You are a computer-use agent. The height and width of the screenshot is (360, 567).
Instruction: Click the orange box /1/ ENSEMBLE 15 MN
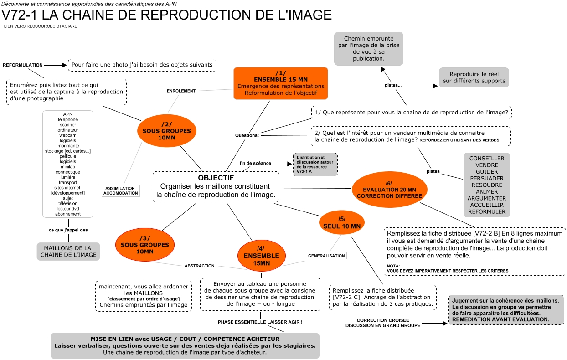tap(280, 83)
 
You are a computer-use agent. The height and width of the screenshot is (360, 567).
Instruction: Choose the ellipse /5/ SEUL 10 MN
tap(341, 222)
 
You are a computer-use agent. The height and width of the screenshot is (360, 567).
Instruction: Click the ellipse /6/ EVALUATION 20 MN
tap(389, 190)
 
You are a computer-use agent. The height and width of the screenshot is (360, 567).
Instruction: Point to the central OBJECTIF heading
tap(216, 177)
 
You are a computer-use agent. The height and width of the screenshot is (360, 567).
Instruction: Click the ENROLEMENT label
tap(181, 91)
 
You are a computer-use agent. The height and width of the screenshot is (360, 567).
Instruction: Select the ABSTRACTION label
tap(199, 266)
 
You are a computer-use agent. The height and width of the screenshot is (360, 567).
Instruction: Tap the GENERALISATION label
tap(326, 256)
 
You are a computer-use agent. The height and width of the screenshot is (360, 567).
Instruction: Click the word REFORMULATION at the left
tap(23, 65)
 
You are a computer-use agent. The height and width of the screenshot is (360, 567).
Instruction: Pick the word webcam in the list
tap(67, 135)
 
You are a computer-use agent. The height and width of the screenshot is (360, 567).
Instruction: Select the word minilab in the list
tap(67, 167)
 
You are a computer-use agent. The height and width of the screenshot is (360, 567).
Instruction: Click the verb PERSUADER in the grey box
tap(486, 178)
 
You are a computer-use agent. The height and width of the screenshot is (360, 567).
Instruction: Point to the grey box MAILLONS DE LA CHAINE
tap(68, 251)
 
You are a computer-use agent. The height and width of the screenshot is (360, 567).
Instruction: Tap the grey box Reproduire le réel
tap(474, 77)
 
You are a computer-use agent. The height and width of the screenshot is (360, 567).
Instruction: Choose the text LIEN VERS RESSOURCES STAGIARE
tap(40, 26)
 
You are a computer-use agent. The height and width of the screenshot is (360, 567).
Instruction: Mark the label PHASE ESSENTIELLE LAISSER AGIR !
tap(260, 322)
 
